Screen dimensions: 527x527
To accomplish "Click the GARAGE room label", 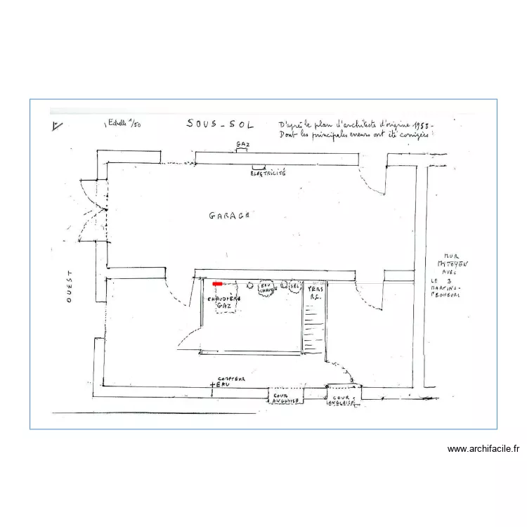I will coord(229,216).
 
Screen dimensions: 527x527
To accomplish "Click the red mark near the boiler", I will coord(218,284).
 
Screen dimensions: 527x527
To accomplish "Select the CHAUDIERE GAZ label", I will coord(224,301).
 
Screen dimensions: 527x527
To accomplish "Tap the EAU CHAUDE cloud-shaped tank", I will coord(266,287).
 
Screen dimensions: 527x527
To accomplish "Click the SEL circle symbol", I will coord(294,286).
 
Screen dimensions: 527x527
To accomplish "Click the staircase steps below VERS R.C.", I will coord(313,330).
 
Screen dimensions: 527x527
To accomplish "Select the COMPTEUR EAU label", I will coord(230,380).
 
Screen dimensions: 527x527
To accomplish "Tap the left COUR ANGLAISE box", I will coord(286,397).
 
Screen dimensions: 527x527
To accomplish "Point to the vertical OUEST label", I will coord(69,287).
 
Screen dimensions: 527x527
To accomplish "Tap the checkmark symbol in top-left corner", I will coord(57,126).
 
